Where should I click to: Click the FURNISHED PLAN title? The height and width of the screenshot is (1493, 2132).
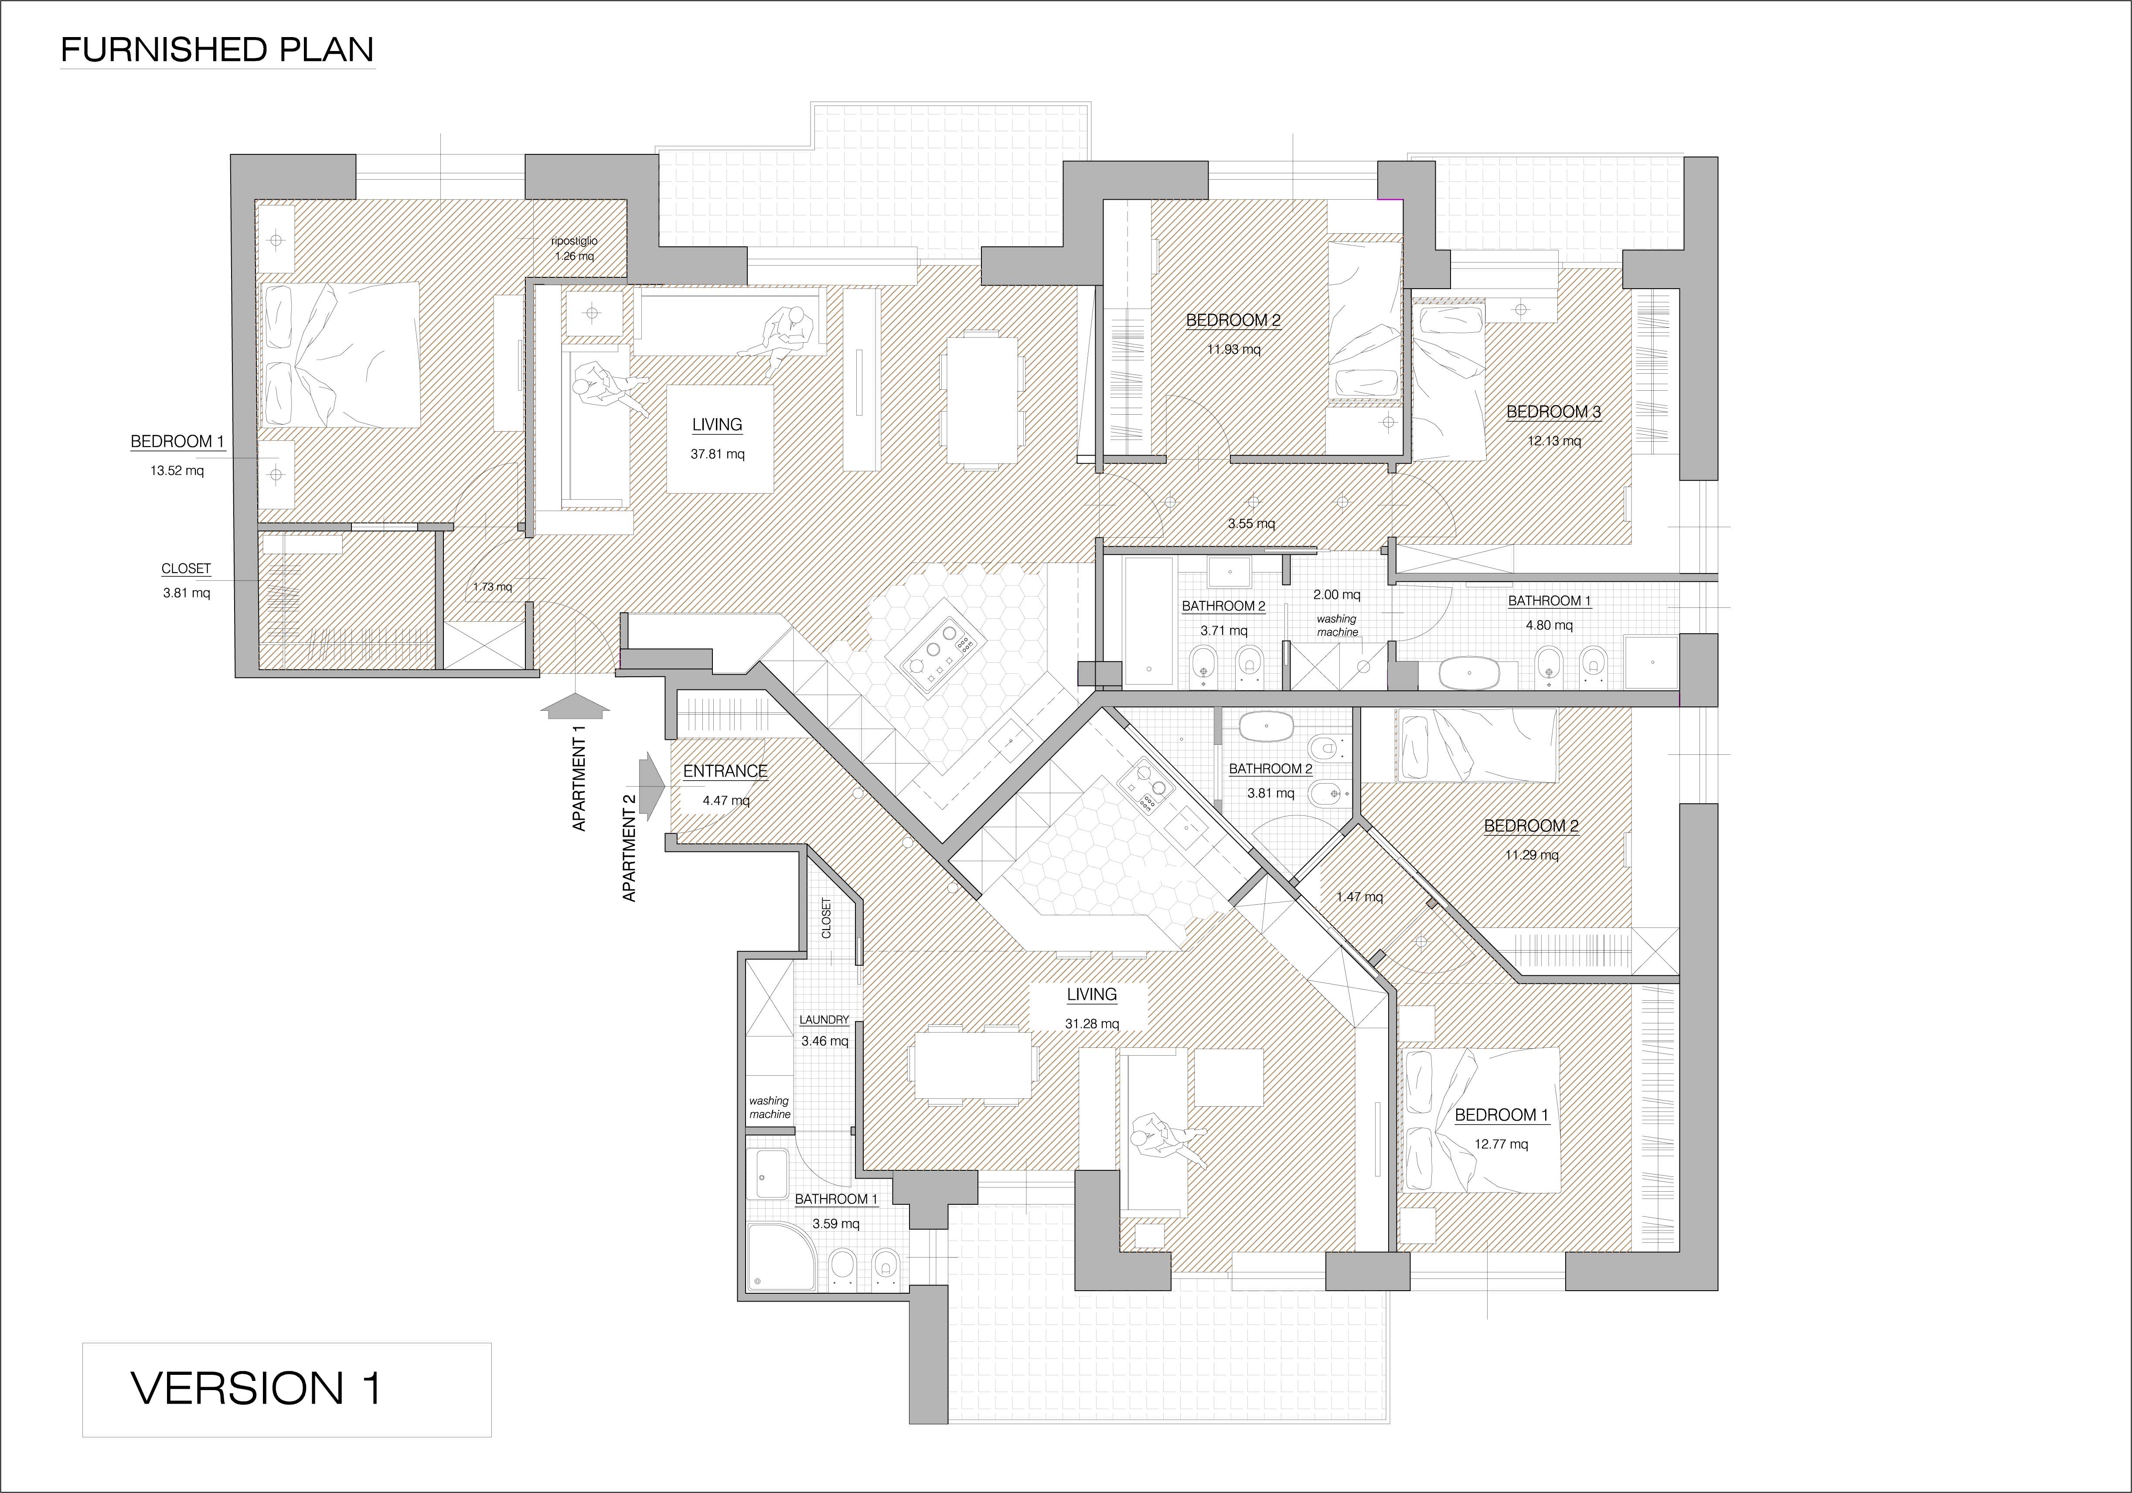[217, 50]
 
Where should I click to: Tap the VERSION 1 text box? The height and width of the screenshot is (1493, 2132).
[287, 1390]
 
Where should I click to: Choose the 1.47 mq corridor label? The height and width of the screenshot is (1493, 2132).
[1359, 897]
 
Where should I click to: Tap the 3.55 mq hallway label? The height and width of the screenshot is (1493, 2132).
[1251, 524]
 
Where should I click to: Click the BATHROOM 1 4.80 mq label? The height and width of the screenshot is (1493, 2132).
[1549, 613]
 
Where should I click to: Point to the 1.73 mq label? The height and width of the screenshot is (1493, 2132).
[492, 587]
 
